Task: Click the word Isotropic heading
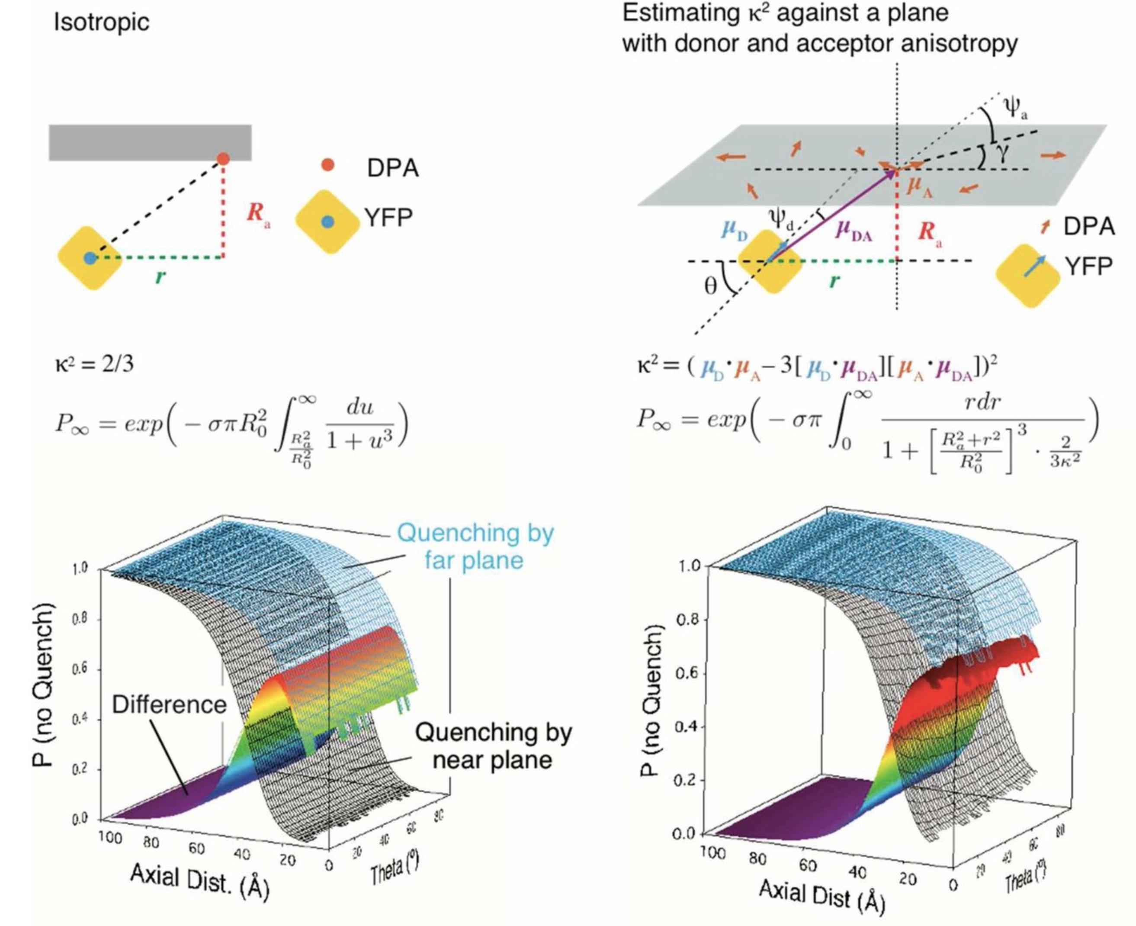coord(101,23)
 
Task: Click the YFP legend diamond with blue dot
coord(327,222)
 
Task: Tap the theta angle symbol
coord(711,287)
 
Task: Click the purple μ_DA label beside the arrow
coord(854,231)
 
